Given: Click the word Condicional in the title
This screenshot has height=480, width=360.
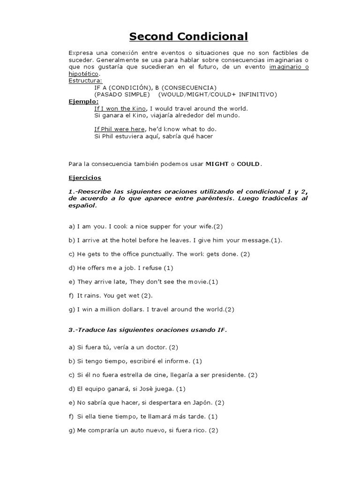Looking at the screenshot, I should point(211,37).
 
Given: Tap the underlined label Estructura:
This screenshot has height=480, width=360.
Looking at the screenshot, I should point(85,81).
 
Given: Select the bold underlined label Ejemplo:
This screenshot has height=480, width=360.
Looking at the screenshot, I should point(84,101).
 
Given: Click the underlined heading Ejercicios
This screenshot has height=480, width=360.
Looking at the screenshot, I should point(85,178).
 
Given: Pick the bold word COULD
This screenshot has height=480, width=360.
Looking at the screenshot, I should point(248,164).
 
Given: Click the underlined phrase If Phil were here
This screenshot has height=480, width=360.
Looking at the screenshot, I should point(120,129).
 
